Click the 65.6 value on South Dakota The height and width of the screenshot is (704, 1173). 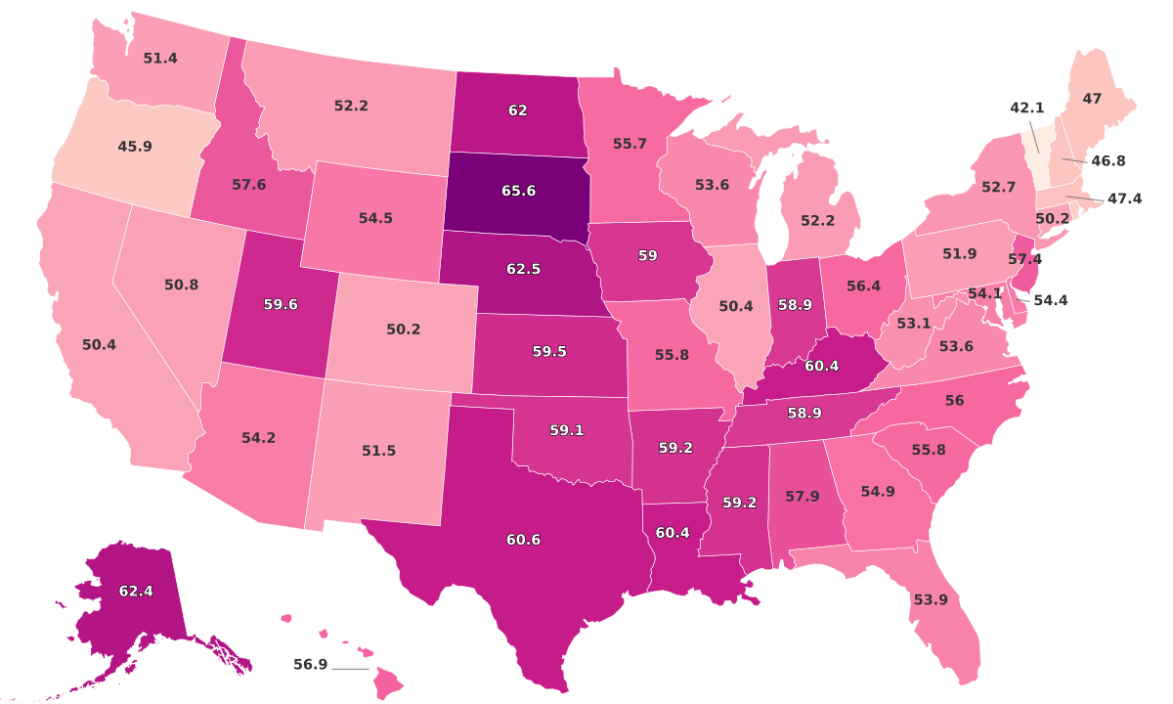[518, 191]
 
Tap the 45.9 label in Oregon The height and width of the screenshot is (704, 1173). [134, 147]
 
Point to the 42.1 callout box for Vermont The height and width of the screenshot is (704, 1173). [1027, 108]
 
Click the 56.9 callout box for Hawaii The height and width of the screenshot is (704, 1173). [311, 665]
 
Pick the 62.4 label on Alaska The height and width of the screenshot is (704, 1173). [135, 591]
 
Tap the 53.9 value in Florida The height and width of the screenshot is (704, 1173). [930, 599]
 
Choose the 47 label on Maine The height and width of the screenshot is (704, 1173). [1092, 99]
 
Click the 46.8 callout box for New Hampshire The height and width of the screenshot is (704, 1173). [1107, 159]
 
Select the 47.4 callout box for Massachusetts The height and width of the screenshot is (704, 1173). [1124, 198]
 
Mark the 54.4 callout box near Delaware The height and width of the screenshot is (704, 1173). [1050, 300]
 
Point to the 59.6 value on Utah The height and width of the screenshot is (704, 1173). [281, 304]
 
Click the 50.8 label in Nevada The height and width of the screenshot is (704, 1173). [181, 285]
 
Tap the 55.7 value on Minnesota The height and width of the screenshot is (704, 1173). [630, 144]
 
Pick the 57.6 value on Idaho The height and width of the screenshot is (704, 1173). [248, 184]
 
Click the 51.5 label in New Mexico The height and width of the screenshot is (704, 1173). [377, 450]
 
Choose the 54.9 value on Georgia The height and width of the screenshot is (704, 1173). [878, 491]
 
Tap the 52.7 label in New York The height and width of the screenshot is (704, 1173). [998, 186]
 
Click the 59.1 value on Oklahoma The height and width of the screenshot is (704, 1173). [566, 429]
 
